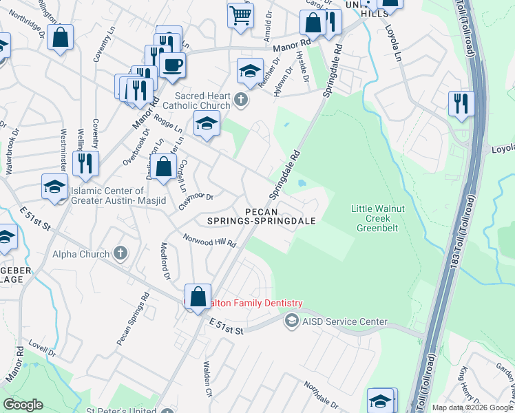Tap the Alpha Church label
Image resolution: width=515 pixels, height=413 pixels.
pos(81,254)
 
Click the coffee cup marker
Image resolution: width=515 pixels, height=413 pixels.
pos(171,65)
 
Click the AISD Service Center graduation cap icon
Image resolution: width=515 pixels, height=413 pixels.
pos(292,321)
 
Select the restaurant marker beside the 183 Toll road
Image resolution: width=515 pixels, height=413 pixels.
pos(461,103)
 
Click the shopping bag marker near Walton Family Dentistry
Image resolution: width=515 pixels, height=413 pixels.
pos(198,297)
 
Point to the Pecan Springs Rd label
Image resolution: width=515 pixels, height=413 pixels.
pos(133,320)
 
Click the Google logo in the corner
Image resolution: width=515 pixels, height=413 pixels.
pos(23,404)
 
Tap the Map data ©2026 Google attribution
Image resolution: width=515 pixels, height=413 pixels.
pos(472,407)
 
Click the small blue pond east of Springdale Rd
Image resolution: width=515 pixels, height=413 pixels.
pos(302,184)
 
